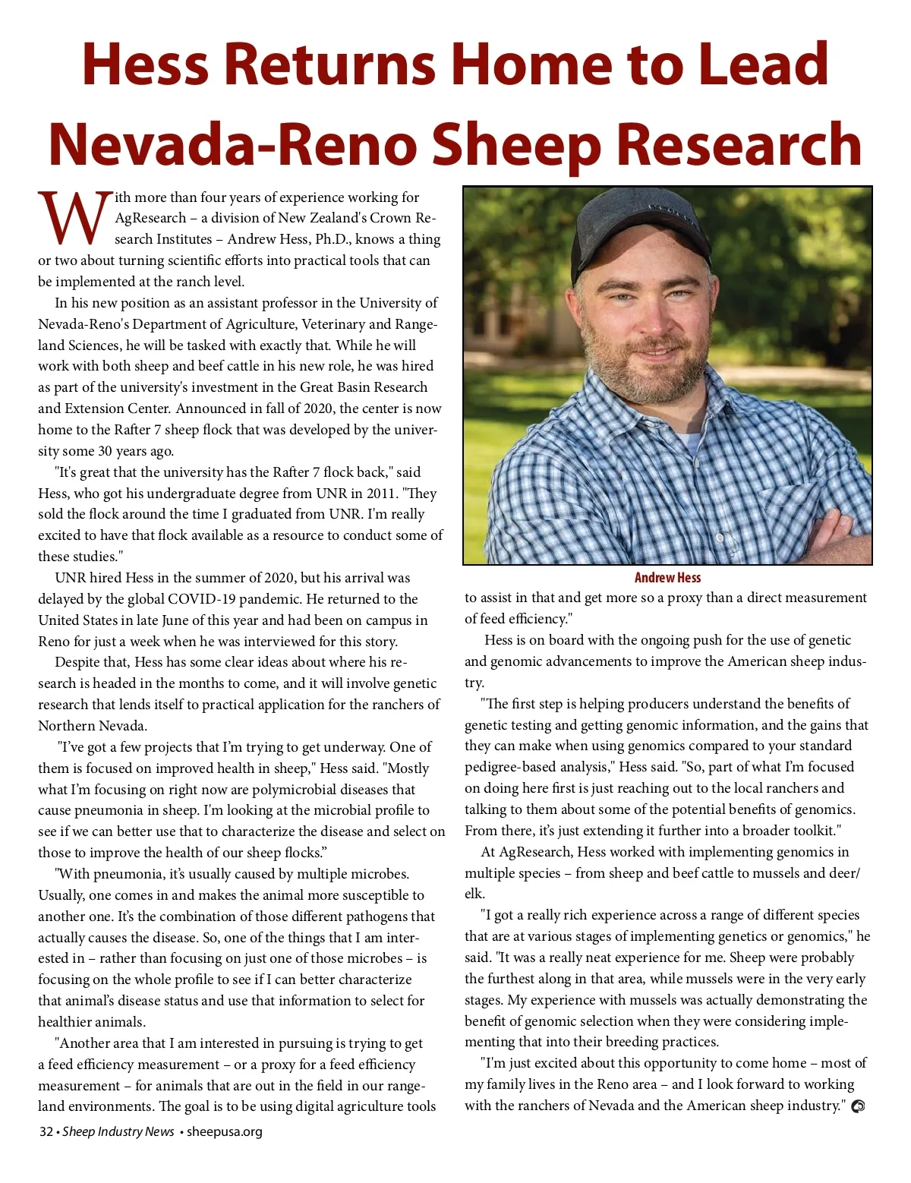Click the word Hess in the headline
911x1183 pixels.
pos(143,64)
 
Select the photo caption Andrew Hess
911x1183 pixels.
pos(667,577)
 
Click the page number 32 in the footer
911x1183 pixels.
pos(46,1131)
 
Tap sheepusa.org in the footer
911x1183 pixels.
pos(224,1131)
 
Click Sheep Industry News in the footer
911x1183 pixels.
pos(118,1131)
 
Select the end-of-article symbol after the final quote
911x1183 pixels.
pos(858,1106)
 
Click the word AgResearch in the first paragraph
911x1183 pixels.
pos(150,218)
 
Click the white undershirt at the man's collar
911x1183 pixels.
pos(689,440)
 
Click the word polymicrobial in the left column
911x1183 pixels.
pos(331,790)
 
